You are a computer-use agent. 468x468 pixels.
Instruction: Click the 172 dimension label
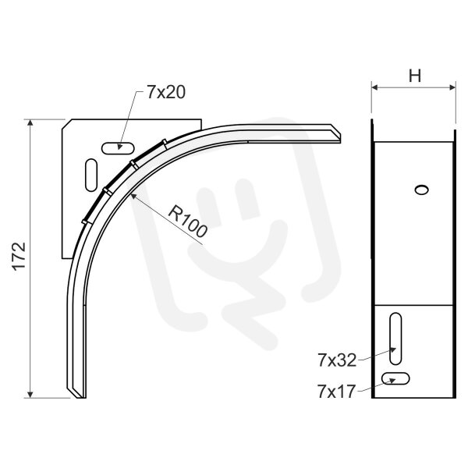pos(19,257)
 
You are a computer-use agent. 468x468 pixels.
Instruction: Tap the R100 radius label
pos(188,222)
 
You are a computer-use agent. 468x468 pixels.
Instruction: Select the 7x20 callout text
pos(166,92)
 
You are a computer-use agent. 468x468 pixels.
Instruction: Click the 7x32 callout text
pos(337,360)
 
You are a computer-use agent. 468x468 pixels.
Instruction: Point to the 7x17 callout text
pos(337,392)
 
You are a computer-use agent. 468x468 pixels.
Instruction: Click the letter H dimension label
pos(415,76)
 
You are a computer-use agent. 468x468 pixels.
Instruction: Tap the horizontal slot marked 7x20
pos(118,148)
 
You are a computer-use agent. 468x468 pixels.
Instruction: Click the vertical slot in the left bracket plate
pos(91,175)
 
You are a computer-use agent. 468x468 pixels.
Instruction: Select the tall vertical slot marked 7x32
pos(395,339)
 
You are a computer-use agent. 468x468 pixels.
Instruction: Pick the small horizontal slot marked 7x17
pos(395,378)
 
